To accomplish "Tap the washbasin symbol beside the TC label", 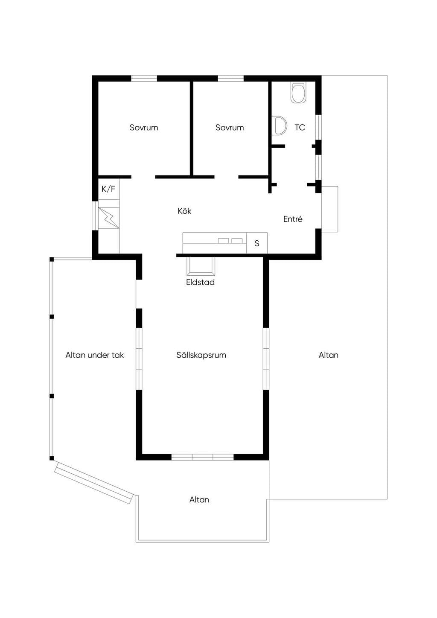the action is (279, 126).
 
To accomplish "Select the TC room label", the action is (300, 128).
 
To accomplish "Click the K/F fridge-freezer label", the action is (108, 189).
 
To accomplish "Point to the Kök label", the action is (184, 211).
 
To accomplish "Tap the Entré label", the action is (293, 219).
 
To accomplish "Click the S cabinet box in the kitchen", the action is (257, 243).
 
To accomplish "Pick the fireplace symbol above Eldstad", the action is (201, 266).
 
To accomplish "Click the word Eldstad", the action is (200, 282).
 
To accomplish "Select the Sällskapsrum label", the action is (201, 355).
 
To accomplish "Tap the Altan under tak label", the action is (95, 355).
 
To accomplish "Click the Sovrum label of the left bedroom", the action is (144, 128).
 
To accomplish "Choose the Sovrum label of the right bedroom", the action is (230, 128).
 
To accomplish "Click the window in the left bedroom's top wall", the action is (144, 79).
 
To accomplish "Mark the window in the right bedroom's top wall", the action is (231, 79).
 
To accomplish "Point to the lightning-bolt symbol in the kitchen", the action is (109, 218).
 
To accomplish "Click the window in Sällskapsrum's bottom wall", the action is (203, 457).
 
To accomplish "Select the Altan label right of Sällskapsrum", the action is (328, 355).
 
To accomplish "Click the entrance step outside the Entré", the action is (330, 209).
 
